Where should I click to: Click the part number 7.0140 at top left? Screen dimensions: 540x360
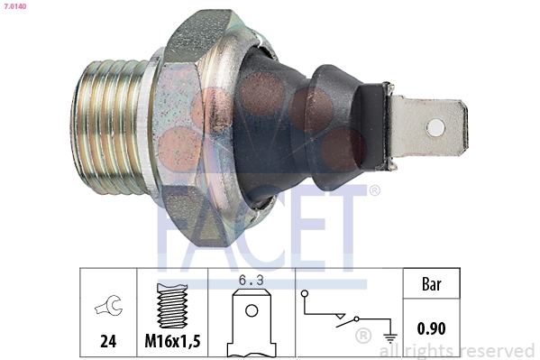15,6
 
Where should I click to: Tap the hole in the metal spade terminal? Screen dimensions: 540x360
435,127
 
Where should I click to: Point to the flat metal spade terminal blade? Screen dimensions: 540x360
428,127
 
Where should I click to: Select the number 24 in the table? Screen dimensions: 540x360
108,341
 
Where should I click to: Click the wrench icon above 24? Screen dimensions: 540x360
109,305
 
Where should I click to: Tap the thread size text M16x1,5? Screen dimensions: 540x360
172,341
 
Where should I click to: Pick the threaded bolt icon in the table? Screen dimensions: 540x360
172,306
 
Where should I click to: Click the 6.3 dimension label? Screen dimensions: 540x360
251,281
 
